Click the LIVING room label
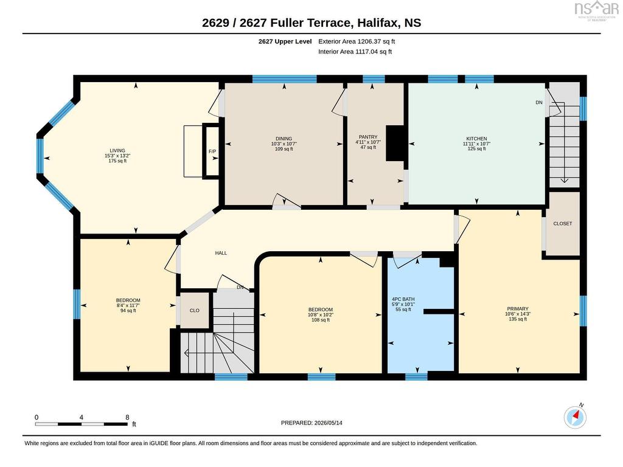pyautogui.click(x=117, y=151)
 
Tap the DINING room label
pyautogui.click(x=284, y=139)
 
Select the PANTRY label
pyautogui.click(x=368, y=137)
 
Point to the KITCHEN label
pyautogui.click(x=476, y=139)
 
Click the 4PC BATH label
pyautogui.click(x=403, y=299)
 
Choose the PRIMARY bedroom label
pyautogui.click(x=518, y=308)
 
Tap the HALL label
pyautogui.click(x=221, y=253)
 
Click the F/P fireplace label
pyautogui.click(x=212, y=151)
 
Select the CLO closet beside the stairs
pyautogui.click(x=194, y=311)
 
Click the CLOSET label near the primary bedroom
pyautogui.click(x=563, y=224)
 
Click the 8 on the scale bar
pyautogui.click(x=127, y=417)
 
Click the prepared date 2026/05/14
pyautogui.click(x=328, y=423)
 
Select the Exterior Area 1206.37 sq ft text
pyautogui.click(x=357, y=41)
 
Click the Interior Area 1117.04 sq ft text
pyautogui.click(x=355, y=52)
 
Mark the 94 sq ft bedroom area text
pyautogui.click(x=128, y=311)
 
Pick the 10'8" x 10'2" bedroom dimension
pyautogui.click(x=320, y=315)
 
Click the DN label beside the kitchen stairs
pyautogui.click(x=539, y=102)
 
